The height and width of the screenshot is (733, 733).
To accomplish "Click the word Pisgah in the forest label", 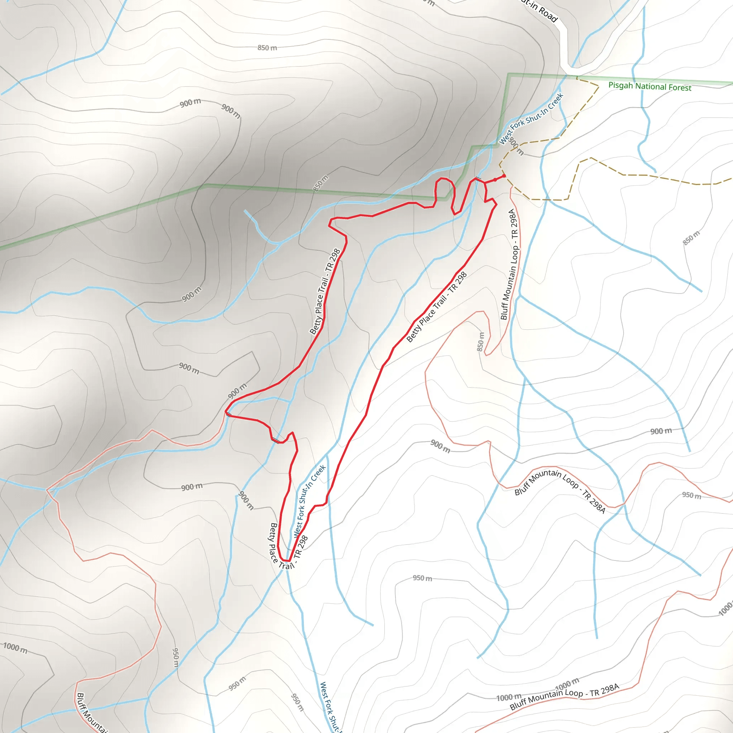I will pyautogui.click(x=621, y=85).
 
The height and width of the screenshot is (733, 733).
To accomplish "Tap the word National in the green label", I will pyautogui.click(x=651, y=86).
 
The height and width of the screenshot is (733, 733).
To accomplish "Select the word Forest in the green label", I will pyautogui.click(x=680, y=87).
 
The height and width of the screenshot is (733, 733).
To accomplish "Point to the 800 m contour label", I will pyautogui.click(x=516, y=146).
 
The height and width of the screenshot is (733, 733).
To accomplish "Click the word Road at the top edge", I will pyautogui.click(x=548, y=14).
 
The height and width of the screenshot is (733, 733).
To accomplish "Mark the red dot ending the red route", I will pyautogui.click(x=504, y=176).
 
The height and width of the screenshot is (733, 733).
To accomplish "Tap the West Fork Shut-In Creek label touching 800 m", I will pyautogui.click(x=531, y=118).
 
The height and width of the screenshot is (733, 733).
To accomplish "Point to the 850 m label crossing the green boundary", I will pyautogui.click(x=321, y=183).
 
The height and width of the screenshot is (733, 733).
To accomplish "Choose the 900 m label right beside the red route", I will pyautogui.click(x=238, y=391).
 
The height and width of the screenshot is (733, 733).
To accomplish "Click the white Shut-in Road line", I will pyautogui.click(x=564, y=45).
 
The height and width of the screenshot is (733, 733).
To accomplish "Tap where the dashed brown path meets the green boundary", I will pyautogui.click(x=577, y=77).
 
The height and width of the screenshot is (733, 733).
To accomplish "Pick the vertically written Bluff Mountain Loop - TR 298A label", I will pyautogui.click(x=509, y=264).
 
